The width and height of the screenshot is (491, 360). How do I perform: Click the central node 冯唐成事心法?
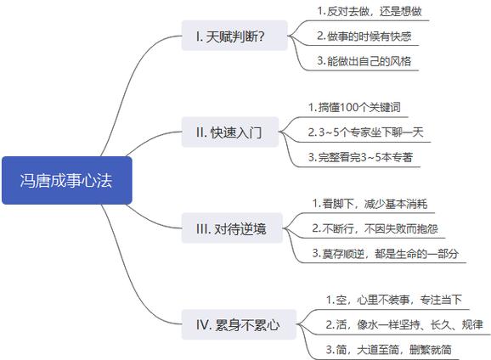[67, 180]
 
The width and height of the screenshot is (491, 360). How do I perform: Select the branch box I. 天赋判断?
[234, 36]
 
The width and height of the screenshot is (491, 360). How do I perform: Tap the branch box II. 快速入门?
[230, 132]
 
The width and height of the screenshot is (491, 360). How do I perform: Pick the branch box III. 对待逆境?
[232, 228]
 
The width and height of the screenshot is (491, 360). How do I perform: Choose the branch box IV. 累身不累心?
[239, 324]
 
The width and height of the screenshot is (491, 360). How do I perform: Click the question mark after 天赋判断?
[261, 37]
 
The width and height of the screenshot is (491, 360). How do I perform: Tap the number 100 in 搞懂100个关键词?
[349, 107]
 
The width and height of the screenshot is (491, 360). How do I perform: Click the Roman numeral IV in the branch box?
[202, 324]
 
